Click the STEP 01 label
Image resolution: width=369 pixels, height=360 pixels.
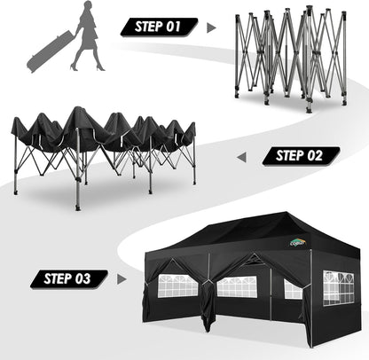160,27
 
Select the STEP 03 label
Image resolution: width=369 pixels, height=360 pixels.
69,279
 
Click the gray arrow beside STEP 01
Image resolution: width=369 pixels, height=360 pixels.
211,27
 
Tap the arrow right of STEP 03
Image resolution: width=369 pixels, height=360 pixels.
122,279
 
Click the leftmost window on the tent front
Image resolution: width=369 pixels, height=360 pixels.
177,286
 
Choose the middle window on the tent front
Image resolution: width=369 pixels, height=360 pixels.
237,286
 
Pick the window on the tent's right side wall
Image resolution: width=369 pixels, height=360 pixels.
339,287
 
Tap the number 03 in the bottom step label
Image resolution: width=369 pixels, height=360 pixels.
83,279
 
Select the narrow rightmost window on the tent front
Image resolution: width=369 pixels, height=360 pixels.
294,288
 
